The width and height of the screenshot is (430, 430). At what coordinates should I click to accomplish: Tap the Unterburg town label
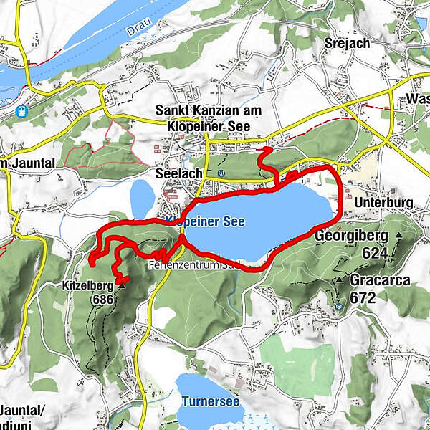[383, 203]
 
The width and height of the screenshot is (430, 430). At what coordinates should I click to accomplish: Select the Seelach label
[175, 173]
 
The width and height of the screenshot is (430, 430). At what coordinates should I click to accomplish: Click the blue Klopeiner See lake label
[205, 222]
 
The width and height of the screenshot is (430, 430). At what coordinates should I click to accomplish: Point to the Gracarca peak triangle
[338, 280]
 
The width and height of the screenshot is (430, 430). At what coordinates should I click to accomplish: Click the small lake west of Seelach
[142, 197]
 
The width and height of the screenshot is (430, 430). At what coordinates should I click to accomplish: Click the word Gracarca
[380, 279]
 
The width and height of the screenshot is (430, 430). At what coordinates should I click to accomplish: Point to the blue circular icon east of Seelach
[221, 173]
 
